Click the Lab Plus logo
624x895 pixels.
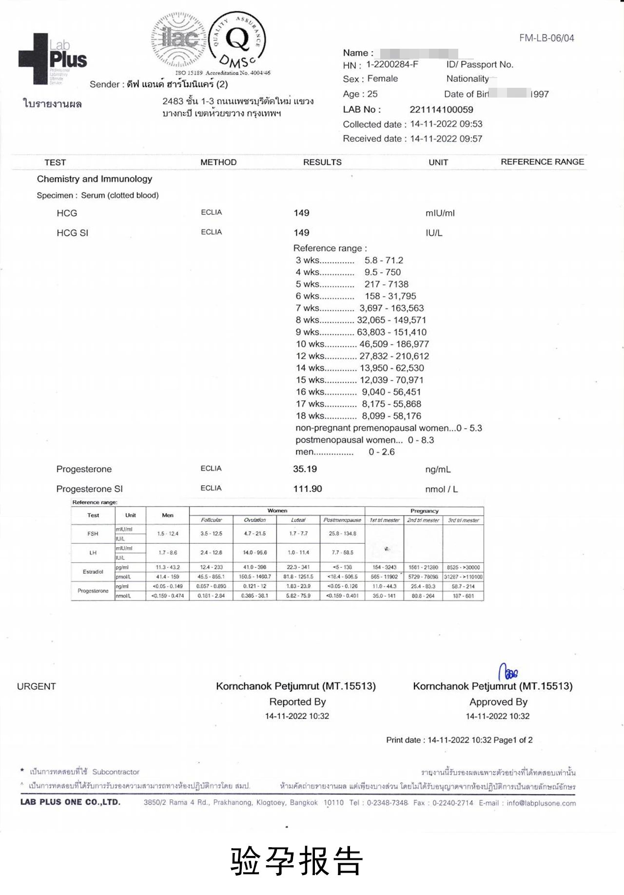(x=53, y=59)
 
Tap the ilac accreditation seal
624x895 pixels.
(x=180, y=39)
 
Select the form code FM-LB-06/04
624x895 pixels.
(x=546, y=38)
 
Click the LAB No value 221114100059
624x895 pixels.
(x=441, y=110)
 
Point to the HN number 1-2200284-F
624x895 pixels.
(x=392, y=64)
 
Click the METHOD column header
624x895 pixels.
(x=218, y=162)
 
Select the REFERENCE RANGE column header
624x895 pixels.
(x=542, y=162)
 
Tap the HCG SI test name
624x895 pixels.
(x=72, y=233)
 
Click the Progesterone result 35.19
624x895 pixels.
(x=305, y=469)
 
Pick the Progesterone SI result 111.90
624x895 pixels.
(x=307, y=489)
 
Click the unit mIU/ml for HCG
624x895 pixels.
(x=440, y=213)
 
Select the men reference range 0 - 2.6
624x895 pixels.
(x=382, y=452)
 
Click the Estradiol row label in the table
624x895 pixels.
(x=93, y=572)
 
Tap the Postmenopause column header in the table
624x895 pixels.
(x=342, y=520)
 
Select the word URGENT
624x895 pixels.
(x=37, y=687)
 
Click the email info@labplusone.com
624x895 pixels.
(x=541, y=803)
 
